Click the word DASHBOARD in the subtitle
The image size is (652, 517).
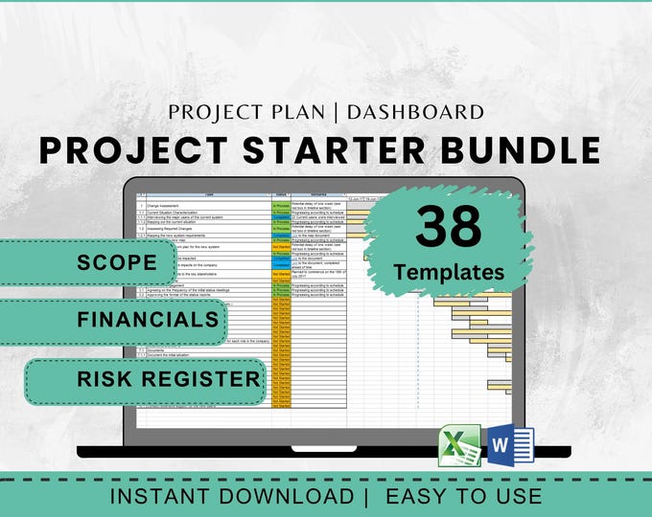pos(416,112)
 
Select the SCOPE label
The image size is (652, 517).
pos(119,262)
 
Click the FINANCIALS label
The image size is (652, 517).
pos(149,320)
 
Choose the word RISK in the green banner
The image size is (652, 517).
pos(111,378)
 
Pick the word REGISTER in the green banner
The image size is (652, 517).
pos(206,378)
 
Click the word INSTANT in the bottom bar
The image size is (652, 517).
pos(165,497)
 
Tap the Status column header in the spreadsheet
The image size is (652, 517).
pos(280,194)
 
